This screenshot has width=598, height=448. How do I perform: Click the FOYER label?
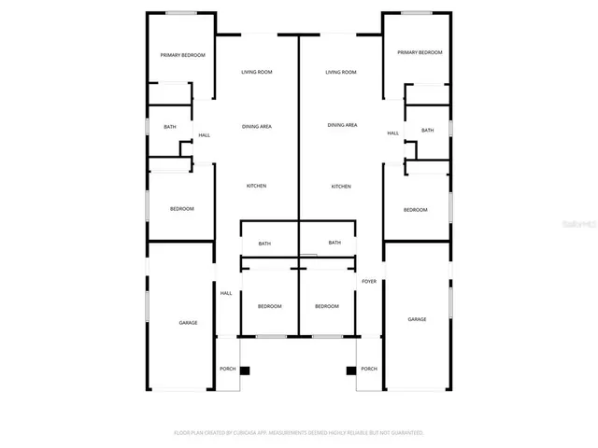[x=369, y=281]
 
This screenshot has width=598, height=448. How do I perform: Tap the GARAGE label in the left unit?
[x=188, y=322]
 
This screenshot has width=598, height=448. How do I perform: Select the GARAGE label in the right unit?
[x=417, y=319]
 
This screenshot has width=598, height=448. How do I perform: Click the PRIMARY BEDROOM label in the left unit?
[x=182, y=56]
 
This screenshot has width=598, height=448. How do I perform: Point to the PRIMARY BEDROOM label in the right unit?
[x=420, y=53]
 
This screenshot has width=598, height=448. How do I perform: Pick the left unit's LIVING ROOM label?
[x=257, y=72]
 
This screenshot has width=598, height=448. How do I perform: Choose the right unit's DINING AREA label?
[x=342, y=125]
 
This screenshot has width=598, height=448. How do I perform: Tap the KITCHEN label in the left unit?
[x=256, y=186]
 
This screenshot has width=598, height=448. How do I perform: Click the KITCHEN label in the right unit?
[x=341, y=187]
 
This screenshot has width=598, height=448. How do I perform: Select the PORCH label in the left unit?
[x=227, y=369]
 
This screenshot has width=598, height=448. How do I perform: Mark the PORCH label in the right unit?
[x=369, y=369]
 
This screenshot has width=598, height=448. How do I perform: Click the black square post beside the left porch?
[x=245, y=371]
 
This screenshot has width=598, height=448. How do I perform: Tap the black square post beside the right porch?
[x=351, y=371]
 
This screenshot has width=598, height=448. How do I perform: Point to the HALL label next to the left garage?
[x=225, y=294]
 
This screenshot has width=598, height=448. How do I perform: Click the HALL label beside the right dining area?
[x=392, y=133]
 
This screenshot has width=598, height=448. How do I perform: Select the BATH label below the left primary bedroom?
[x=169, y=127]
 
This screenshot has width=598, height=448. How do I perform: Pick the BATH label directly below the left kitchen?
[x=264, y=244]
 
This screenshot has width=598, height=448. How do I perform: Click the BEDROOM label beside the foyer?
[x=327, y=306]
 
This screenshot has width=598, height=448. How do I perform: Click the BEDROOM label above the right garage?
[x=415, y=210]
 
